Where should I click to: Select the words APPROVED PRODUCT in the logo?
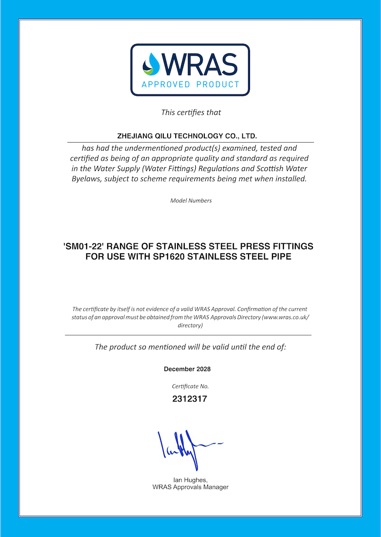click(x=190, y=85)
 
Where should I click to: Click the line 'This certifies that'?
click(x=190, y=113)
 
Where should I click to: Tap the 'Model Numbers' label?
click(x=190, y=201)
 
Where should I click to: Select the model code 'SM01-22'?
click(x=85, y=247)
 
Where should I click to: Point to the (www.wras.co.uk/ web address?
click(x=286, y=317)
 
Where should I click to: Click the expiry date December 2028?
click(x=187, y=369)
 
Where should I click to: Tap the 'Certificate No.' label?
click(x=190, y=386)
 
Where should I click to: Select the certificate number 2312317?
click(x=190, y=399)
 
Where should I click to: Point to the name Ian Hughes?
click(x=190, y=480)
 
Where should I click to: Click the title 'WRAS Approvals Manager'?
click(x=190, y=487)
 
